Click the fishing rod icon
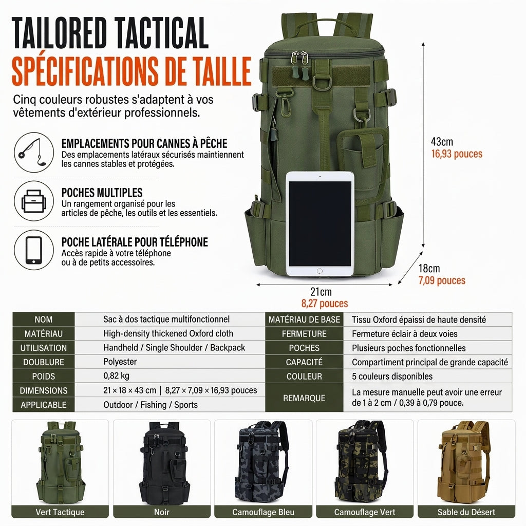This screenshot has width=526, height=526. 33,153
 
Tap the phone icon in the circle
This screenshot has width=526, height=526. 33,250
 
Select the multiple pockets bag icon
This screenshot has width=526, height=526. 33,201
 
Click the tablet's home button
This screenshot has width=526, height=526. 320,271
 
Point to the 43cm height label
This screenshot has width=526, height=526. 442,142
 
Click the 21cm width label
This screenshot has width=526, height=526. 321,292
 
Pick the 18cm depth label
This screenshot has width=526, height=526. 429,268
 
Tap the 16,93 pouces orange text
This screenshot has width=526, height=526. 457,154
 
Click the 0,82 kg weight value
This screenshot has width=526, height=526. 116,375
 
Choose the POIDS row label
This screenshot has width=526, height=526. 44,377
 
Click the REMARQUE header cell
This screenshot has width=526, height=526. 304,398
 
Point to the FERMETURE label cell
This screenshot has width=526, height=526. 304,334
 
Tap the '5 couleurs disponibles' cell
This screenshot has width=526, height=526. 392,377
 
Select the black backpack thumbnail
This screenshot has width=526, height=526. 162,462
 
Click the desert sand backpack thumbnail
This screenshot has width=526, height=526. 466,462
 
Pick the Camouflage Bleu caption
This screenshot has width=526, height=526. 264,512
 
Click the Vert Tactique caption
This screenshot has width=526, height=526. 60,512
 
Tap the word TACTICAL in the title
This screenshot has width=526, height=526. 161,33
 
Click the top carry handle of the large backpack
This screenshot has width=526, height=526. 321,24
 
